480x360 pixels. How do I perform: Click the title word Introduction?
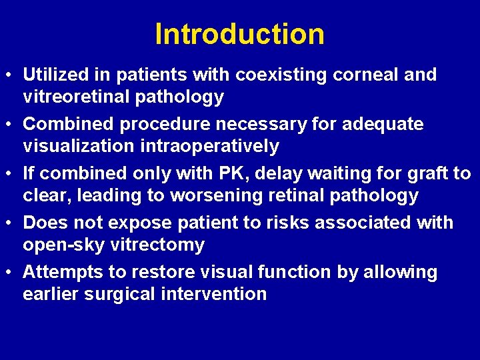pos(239,35)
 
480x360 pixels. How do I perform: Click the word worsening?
pos(215,195)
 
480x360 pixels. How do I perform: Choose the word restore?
pos(162,272)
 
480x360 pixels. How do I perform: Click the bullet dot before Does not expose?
pos(11,223)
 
